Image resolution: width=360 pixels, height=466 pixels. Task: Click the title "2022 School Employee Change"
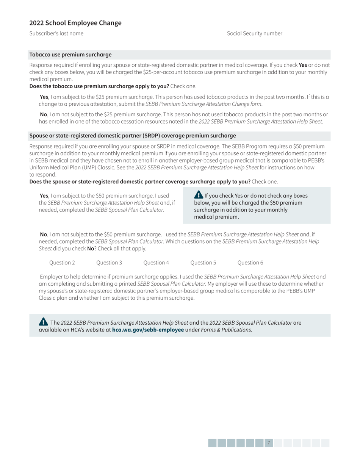coord(75,23)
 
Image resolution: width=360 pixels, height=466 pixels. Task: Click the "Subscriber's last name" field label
coord(56,33)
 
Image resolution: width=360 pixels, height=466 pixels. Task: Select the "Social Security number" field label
coord(254,33)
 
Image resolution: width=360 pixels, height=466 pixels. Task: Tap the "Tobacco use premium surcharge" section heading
coord(70,55)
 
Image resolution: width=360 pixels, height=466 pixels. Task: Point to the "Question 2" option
coord(62,263)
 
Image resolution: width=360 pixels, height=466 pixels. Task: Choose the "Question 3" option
coord(109,263)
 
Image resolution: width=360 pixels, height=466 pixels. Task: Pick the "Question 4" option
coord(156,263)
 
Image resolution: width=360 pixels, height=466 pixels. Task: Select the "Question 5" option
coord(203,263)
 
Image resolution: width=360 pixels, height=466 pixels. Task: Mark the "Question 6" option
coord(250,263)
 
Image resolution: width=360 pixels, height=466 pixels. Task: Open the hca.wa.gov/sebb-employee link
coord(148,330)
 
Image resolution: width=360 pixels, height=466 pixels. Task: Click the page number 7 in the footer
coord(269,443)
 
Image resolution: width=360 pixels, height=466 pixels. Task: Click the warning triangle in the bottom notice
coord(44,322)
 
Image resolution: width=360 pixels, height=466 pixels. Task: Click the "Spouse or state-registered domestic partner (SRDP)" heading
coord(133,136)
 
